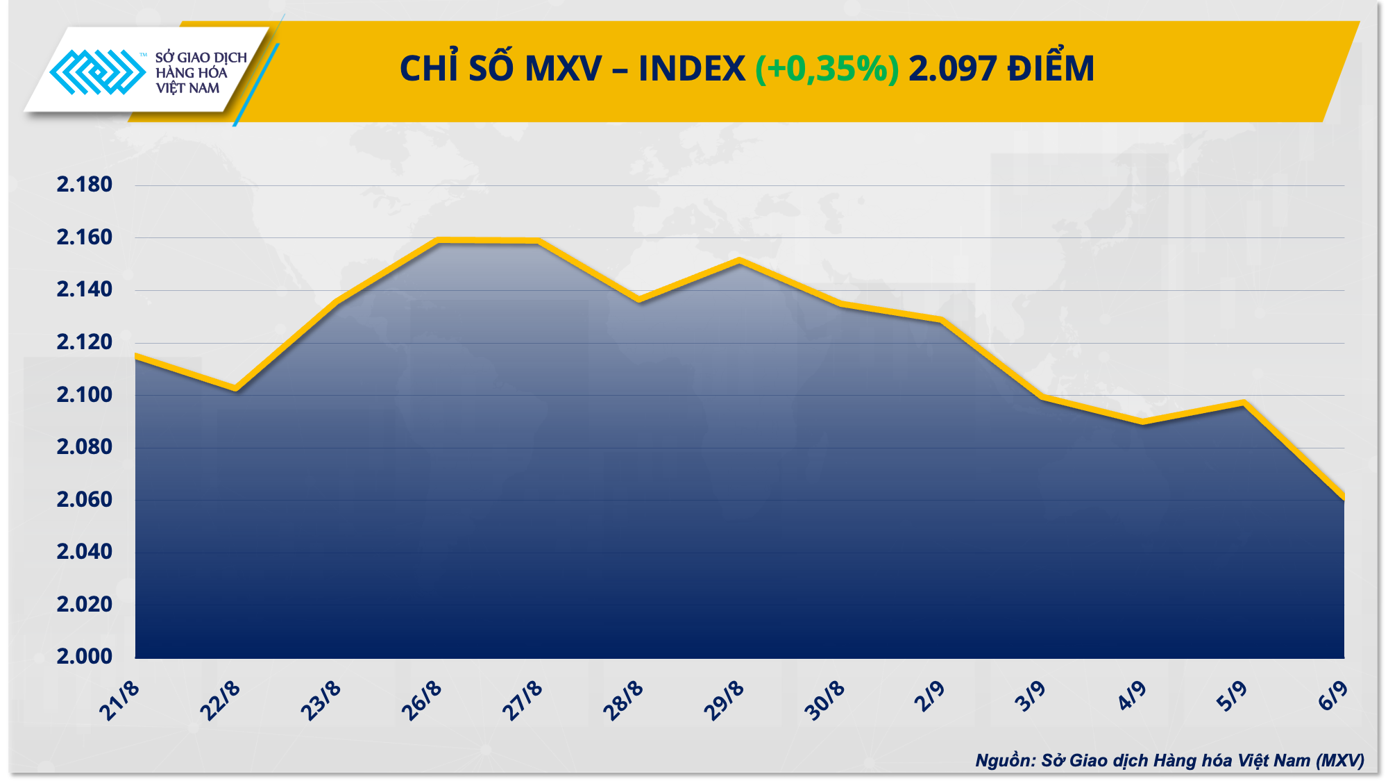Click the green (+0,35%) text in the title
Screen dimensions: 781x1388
827,69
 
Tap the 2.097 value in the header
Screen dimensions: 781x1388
952,69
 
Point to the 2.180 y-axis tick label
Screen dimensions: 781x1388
84,185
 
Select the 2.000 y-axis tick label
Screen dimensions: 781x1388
84,656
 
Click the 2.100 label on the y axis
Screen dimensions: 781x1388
84,395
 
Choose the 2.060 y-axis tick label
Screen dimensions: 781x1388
84,499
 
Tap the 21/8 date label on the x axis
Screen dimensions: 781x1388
119,701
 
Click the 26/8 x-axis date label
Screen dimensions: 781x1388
421,701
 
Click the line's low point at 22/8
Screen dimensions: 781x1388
236,389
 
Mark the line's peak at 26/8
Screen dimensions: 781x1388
439,240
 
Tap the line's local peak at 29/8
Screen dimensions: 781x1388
740,260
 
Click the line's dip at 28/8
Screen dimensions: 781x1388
639,300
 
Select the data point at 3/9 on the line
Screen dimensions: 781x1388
1042,397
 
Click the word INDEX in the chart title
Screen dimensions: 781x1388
691,69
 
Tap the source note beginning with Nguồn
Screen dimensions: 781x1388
1169,760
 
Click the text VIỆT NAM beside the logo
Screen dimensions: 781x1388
187,88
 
